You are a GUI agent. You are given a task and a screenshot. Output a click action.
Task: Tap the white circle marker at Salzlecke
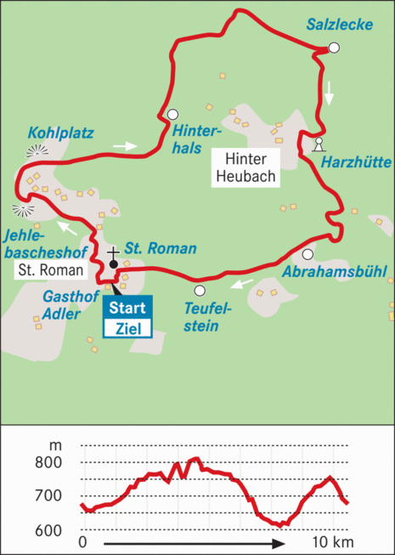(x=334, y=48)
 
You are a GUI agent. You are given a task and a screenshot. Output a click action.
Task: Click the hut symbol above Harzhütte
(x=319, y=143)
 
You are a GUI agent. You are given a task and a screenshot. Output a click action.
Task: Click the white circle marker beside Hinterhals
(x=172, y=115)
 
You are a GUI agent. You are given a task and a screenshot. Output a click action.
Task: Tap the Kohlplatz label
(x=60, y=133)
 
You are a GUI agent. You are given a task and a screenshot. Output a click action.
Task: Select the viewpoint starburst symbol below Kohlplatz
(x=36, y=151)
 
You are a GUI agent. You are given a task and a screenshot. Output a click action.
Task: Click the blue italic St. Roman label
(x=161, y=249)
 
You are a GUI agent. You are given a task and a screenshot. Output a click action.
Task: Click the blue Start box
(x=128, y=308)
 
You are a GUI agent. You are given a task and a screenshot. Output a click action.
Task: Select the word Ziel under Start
(x=128, y=327)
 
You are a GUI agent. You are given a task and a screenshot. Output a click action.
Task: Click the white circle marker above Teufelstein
(x=200, y=291)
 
